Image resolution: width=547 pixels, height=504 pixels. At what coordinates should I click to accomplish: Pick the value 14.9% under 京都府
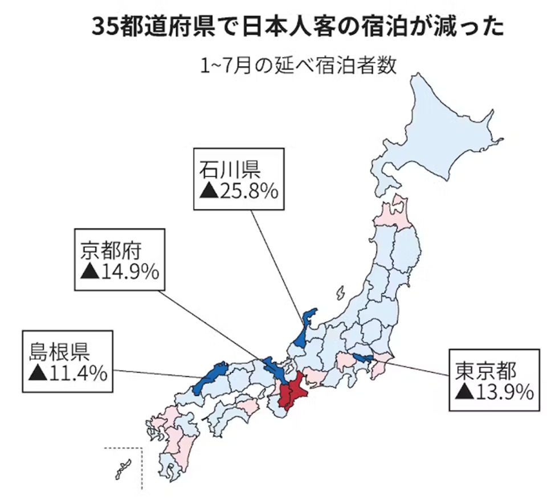(x=129, y=272)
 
